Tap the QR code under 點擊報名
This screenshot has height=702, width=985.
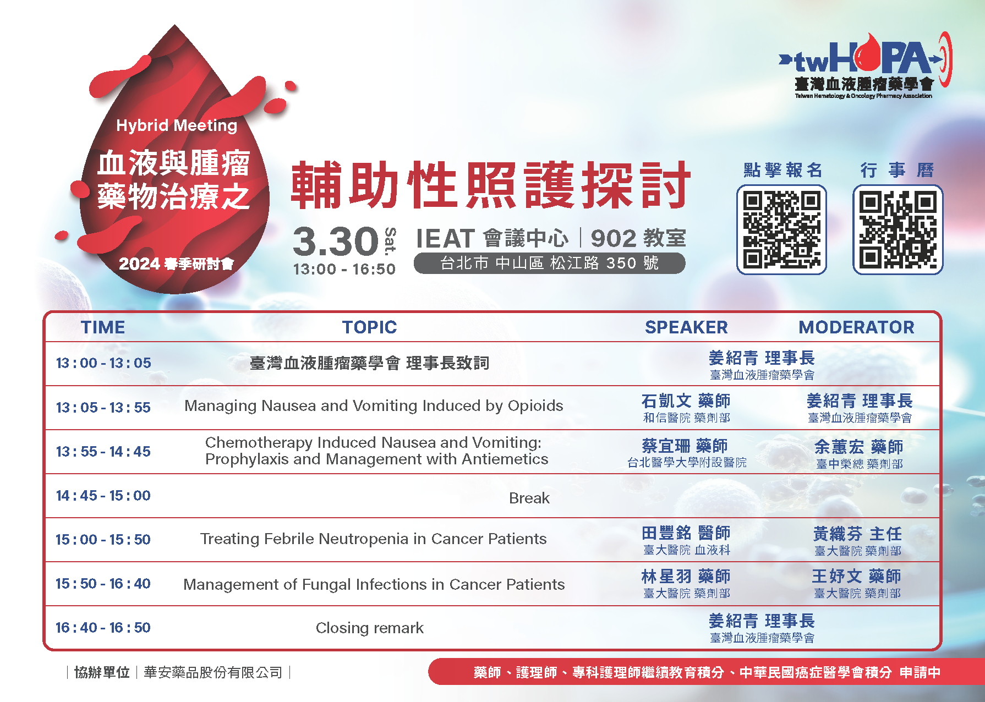[781, 229]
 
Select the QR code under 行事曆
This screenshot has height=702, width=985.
[898, 229]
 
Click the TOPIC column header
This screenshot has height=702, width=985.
[369, 327]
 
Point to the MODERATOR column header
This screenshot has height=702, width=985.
[856, 327]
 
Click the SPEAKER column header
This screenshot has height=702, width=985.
[686, 327]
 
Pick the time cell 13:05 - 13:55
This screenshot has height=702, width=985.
[103, 408]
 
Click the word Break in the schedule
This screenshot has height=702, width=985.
[529, 498]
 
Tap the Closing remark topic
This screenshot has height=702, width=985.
[370, 628]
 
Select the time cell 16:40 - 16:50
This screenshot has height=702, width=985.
[103, 628]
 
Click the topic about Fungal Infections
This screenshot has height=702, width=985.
[374, 584]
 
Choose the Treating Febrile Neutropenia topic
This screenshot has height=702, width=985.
[374, 539]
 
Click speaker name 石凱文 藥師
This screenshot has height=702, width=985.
[686, 401]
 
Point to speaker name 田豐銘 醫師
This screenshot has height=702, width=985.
[686, 533]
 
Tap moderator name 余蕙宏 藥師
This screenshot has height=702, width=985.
[858, 447]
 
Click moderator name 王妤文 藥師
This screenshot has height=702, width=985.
[857, 576]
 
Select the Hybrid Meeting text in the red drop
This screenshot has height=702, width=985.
[177, 125]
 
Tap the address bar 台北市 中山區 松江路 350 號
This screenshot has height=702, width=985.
[549, 263]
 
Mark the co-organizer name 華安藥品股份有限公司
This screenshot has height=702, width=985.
[213, 672]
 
